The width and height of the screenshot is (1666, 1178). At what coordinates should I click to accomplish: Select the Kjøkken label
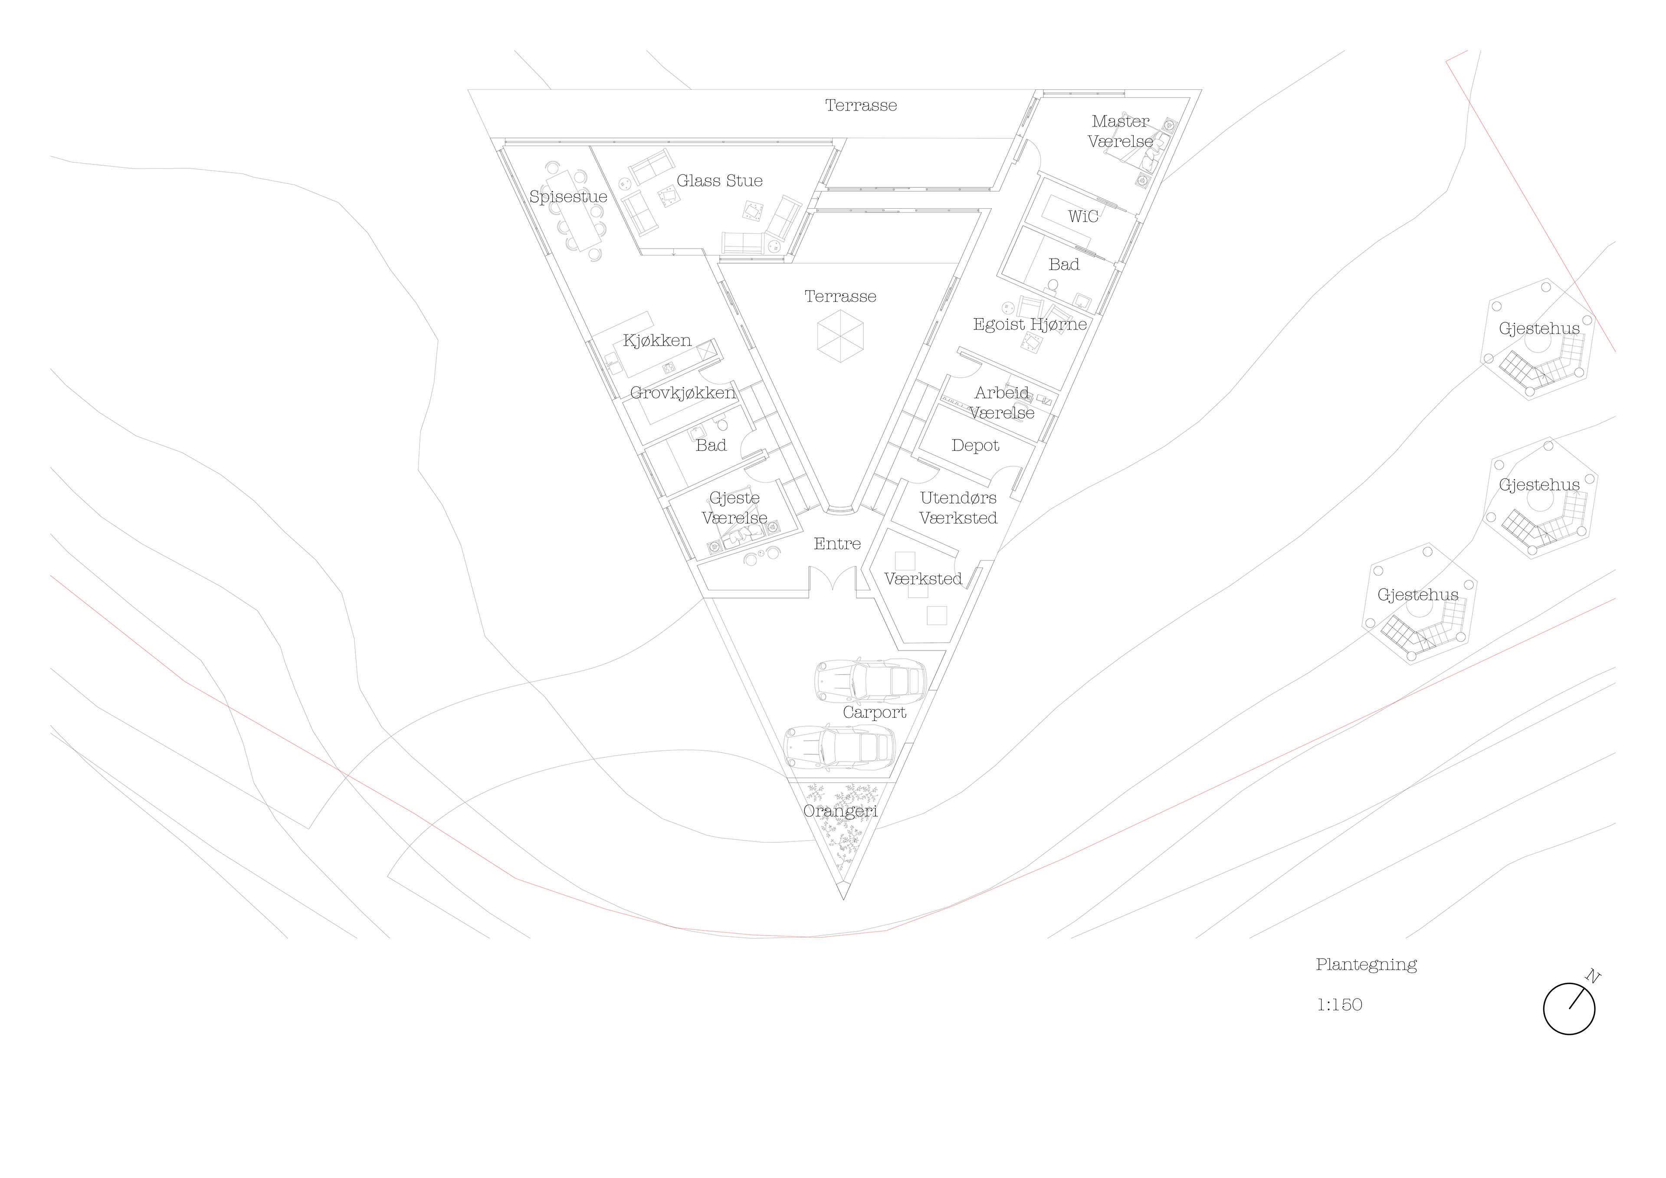[x=657, y=340]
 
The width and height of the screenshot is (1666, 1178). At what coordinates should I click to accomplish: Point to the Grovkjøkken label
[x=682, y=393]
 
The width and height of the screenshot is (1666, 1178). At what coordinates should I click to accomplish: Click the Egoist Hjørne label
[x=1030, y=324]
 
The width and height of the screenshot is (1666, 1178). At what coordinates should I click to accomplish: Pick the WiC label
[x=1082, y=216]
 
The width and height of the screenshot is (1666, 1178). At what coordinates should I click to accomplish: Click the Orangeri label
[x=840, y=811]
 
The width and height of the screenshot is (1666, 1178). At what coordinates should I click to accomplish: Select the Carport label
[x=874, y=712]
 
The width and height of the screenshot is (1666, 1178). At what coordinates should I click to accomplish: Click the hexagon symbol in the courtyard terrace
[x=840, y=336]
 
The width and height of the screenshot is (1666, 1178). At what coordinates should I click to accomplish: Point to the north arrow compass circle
[x=1569, y=1008]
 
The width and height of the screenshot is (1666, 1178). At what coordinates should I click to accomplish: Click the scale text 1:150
[x=1339, y=1005]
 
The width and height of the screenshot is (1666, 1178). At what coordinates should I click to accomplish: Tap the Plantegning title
[x=1366, y=964]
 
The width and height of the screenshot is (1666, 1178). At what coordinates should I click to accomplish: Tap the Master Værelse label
[x=1120, y=131]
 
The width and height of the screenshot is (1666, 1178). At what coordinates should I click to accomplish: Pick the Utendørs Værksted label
[x=958, y=508]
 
